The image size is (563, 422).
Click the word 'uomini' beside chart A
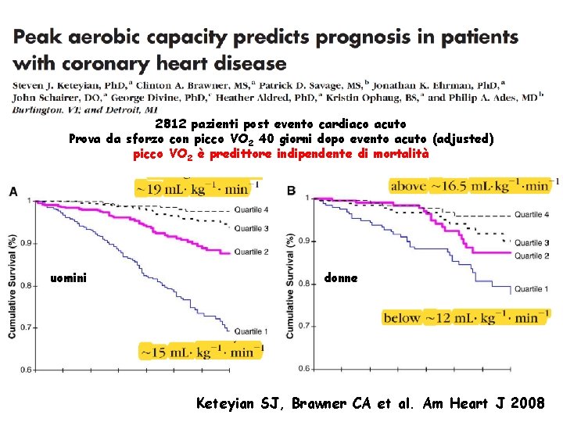[69, 277]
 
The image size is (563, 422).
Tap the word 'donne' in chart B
[341, 277]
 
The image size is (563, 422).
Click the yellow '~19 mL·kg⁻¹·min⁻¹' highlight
[193, 188]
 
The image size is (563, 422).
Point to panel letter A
[13, 191]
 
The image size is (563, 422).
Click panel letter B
[292, 191]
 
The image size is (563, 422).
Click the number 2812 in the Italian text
[171, 124]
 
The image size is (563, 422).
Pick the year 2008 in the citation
[530, 403]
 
